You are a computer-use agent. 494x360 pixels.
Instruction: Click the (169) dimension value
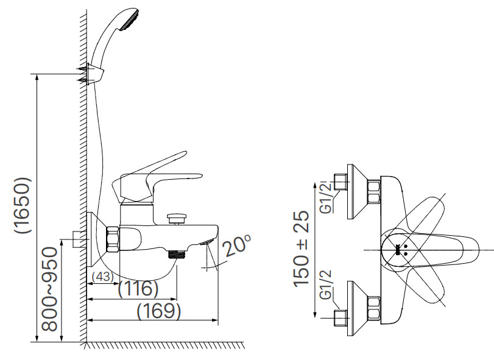tap(158, 311)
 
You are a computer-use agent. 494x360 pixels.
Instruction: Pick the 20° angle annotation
tap(236, 244)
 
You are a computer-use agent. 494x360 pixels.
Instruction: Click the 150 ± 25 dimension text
tap(302, 250)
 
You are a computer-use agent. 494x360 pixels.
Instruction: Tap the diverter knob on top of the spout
tap(177, 216)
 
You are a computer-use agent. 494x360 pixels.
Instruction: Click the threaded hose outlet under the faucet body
tap(176, 255)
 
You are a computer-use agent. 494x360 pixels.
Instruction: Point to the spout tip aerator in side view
tap(206, 242)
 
